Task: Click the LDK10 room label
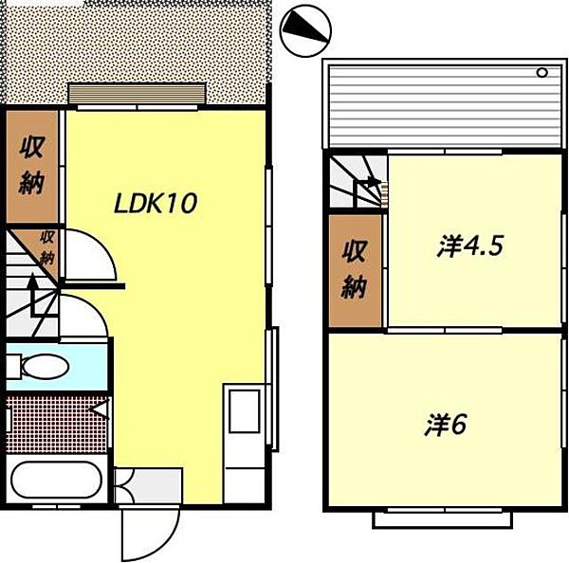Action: (156, 203)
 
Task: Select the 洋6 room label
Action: (446, 425)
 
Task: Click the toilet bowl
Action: (42, 365)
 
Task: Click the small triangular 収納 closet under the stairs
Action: (46, 247)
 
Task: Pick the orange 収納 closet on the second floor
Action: (354, 269)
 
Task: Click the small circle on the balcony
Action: (543, 72)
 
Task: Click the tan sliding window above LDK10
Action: (137, 94)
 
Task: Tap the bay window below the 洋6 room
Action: (445, 518)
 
